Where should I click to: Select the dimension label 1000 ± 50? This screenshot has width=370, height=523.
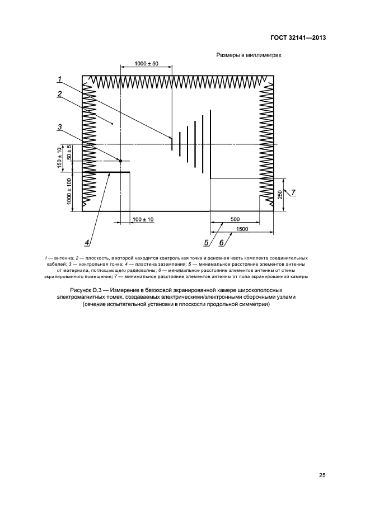[x=147, y=64]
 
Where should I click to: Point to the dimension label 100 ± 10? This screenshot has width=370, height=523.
[x=143, y=219]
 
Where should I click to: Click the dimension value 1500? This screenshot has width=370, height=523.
[x=242, y=229]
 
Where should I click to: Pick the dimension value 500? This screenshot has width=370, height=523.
[x=235, y=219]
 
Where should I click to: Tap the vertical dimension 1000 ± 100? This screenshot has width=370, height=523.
[x=69, y=191]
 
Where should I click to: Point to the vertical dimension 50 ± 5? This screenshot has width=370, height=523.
[x=69, y=153]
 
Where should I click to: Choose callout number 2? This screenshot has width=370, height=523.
[x=59, y=94]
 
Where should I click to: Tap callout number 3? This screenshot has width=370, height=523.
[x=59, y=128]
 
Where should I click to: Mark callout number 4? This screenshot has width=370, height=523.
[x=87, y=243]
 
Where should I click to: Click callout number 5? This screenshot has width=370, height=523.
[x=207, y=243]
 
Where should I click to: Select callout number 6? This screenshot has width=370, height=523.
[x=222, y=243]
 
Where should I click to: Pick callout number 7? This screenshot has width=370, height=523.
[x=293, y=193]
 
